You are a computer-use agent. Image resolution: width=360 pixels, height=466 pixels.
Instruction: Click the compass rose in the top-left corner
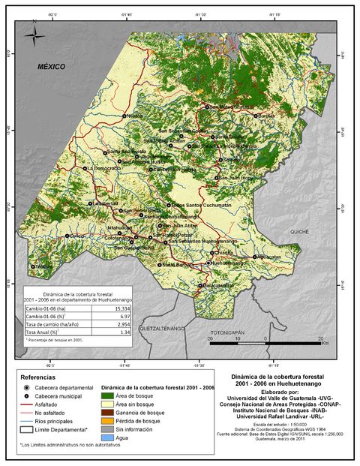[34, 34]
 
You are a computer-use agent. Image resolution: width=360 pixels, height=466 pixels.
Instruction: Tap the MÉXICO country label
[52, 67]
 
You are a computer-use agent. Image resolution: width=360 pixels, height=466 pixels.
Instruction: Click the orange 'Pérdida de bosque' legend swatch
[106, 421]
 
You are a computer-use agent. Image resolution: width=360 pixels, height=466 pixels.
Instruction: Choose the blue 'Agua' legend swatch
[106, 437]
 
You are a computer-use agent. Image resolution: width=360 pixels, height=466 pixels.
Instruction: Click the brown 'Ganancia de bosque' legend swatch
[106, 413]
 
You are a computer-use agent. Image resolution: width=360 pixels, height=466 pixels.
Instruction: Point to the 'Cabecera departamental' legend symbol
[27, 387]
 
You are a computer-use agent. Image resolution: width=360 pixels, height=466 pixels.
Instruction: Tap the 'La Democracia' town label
[105, 169]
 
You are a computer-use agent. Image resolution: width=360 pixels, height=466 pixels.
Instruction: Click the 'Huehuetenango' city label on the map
[229, 263]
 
